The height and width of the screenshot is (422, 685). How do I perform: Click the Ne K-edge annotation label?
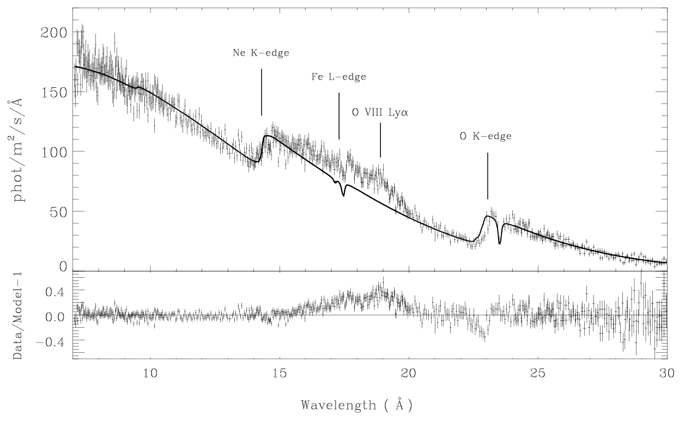pyautogui.click(x=261, y=53)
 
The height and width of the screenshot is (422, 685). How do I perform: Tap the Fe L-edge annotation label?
pyautogui.click(x=338, y=77)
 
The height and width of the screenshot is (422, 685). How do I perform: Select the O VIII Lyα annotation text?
pyautogui.click(x=380, y=113)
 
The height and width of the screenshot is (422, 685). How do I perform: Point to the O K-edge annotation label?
pyautogui.click(x=486, y=136)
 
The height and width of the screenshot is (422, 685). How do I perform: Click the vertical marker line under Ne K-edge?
pyautogui.click(x=262, y=92)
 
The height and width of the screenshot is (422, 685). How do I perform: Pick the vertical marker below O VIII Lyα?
pyautogui.click(x=380, y=140)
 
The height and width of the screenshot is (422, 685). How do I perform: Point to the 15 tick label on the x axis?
pyautogui.click(x=280, y=374)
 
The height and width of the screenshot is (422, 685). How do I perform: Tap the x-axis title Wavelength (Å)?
pyautogui.click(x=357, y=405)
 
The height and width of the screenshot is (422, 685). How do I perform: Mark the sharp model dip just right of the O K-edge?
pyautogui.click(x=500, y=242)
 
